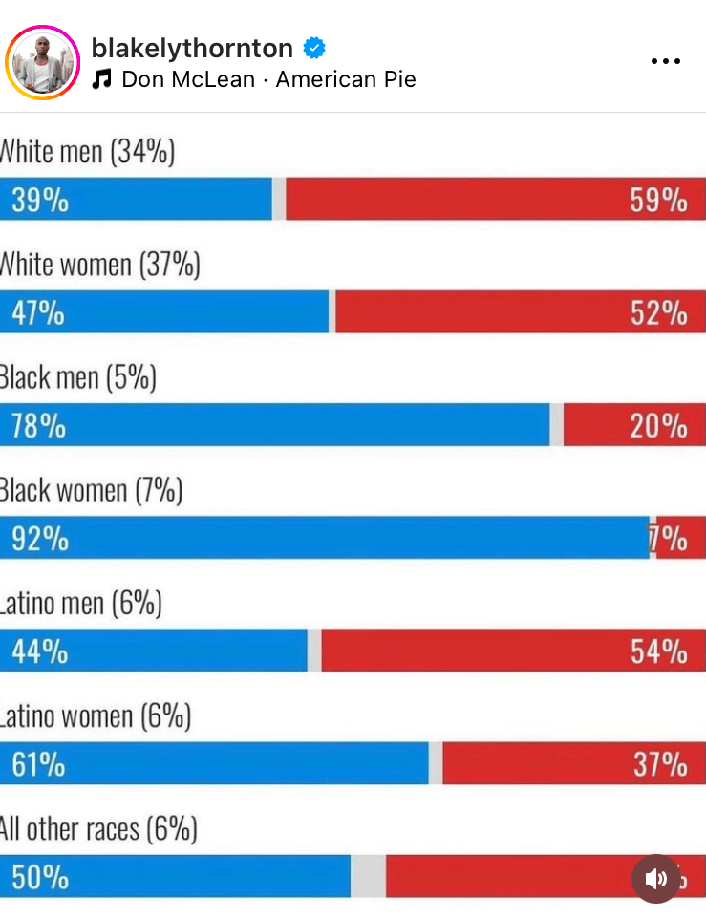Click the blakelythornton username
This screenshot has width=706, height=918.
192,48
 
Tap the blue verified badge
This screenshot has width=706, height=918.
314,48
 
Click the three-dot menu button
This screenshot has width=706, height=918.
665,61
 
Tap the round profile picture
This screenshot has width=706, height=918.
42,63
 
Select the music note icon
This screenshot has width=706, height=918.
102,79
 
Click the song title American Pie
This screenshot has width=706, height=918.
346,79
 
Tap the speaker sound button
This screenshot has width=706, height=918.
656,879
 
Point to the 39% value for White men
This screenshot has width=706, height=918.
39,200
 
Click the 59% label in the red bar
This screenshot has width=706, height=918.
658,200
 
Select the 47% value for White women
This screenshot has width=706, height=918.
38,312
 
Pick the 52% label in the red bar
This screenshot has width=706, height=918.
658,312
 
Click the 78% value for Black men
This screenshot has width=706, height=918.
38,425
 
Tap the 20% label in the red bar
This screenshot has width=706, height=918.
658,425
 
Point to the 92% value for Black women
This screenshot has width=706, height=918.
39,538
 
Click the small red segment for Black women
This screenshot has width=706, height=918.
680,538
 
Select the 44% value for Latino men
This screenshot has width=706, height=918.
39,651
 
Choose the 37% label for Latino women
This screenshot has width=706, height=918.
659,763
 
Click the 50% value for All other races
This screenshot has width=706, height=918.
39,876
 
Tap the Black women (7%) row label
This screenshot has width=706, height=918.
91,491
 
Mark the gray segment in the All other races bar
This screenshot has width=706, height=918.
368,876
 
